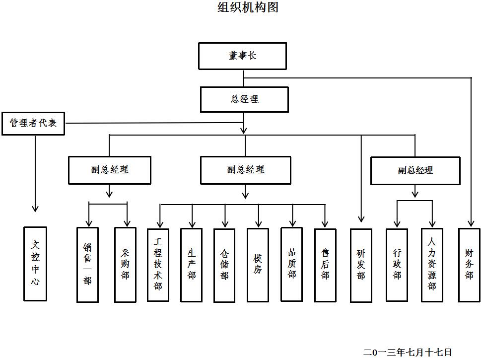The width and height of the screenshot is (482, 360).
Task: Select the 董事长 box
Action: click(242, 56)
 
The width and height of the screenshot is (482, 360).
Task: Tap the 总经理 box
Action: click(244, 99)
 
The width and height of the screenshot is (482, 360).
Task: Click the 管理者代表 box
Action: click(33, 123)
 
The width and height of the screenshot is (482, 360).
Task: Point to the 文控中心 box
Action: click(35, 264)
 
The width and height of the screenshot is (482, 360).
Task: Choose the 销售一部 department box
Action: click(87, 265)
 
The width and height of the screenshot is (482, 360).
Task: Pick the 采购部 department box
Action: click(125, 265)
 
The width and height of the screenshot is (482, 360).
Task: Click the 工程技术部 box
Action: click(158, 265)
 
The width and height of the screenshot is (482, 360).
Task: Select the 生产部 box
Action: click(191, 265)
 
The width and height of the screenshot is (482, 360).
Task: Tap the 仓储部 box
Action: click(224, 265)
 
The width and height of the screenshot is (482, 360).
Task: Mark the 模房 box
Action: click(258, 265)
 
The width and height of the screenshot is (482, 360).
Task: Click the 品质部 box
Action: click(291, 265)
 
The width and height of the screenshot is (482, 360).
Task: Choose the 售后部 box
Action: click(325, 265)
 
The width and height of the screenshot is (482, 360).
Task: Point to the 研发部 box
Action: click(361, 265)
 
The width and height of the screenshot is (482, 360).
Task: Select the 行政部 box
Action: click(397, 265)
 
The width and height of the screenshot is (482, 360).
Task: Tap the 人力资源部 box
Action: click(432, 265)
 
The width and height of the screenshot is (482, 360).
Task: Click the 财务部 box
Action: click(469, 265)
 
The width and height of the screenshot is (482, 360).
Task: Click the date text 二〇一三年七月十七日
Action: click(408, 352)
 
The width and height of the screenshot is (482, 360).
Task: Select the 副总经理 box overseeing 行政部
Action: click(415, 171)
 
